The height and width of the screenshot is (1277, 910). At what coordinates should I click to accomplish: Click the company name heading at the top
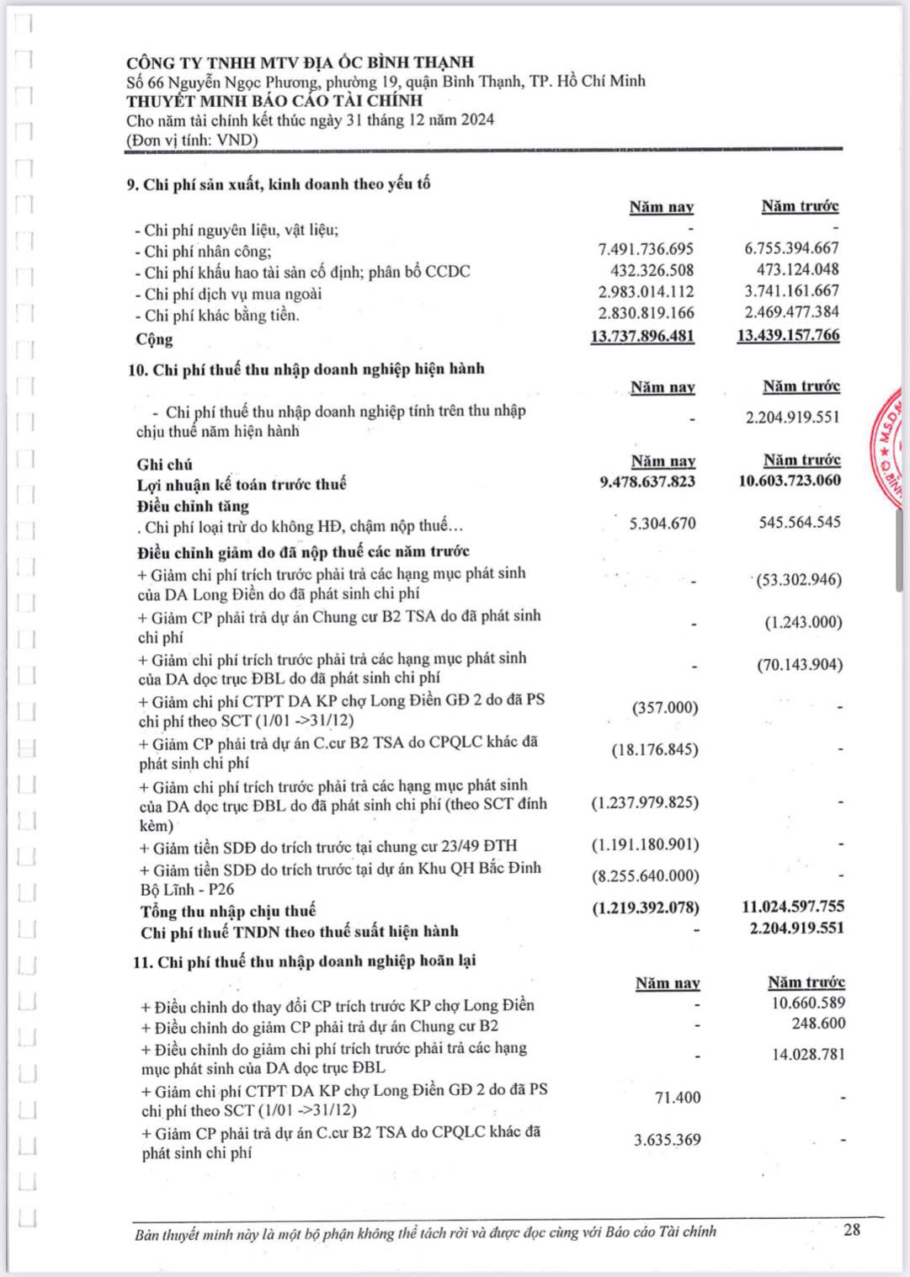coord(300,62)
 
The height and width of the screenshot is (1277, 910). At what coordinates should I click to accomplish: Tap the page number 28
coord(852,1229)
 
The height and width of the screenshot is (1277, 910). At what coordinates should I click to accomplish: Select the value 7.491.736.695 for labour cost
coord(646,249)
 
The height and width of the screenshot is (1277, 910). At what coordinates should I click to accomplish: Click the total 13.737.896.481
coord(642,336)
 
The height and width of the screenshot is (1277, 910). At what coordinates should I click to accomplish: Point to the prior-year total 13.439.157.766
coord(788,335)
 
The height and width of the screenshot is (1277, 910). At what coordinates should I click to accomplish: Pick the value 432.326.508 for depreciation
coord(652,270)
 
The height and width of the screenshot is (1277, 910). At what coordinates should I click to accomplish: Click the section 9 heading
coord(279,184)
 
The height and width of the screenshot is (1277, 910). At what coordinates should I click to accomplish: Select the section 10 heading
coord(306,369)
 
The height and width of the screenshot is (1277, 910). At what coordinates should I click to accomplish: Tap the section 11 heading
coord(305,961)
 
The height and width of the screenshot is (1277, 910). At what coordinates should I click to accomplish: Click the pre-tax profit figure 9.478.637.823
coord(647,482)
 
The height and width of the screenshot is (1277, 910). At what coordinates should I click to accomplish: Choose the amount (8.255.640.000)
coord(645,875)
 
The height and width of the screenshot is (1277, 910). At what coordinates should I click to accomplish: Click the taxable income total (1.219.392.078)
coord(645,907)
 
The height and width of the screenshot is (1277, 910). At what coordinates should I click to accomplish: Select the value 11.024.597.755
coord(792,907)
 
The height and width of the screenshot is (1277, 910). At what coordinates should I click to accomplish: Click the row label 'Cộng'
coord(154,339)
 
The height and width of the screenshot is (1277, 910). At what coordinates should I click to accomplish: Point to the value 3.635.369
coord(667,1140)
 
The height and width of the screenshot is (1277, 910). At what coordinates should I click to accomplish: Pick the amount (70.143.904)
coord(799,665)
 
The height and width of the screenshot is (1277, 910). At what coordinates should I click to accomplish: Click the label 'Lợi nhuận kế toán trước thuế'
coord(242,484)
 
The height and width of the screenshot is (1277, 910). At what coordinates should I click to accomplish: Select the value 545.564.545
coord(799,523)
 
